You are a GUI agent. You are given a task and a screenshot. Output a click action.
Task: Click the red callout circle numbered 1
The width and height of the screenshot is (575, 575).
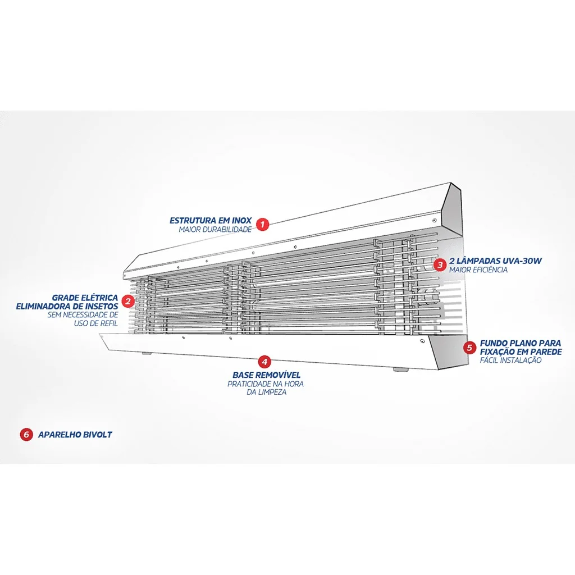click(262, 225)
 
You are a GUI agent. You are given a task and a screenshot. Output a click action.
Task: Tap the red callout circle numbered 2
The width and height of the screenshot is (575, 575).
click(128, 301)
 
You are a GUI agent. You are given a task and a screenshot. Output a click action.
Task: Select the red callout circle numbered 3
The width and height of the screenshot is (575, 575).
click(440, 264)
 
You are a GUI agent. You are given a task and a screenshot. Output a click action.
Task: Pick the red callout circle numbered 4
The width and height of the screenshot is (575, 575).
click(264, 362)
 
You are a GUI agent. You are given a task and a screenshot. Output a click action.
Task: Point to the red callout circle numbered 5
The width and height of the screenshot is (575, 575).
click(470, 347)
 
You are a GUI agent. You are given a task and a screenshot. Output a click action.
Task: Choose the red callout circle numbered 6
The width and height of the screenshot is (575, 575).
click(26, 435)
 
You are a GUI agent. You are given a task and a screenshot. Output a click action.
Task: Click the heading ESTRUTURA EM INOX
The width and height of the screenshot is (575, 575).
click(211, 220)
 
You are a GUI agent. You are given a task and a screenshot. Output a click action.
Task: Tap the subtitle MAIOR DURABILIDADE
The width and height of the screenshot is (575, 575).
click(215, 230)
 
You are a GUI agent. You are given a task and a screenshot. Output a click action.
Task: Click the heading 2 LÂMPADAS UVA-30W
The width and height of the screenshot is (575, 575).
click(495, 261)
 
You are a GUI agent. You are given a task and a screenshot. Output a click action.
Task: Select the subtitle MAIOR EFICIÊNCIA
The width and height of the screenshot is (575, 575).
click(478, 270)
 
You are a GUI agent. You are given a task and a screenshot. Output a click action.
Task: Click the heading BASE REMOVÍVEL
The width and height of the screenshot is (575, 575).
click(267, 375)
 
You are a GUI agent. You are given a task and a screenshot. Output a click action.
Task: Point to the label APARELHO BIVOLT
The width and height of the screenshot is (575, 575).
click(75, 435)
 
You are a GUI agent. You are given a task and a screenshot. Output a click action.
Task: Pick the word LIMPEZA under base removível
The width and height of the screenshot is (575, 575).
click(272, 392)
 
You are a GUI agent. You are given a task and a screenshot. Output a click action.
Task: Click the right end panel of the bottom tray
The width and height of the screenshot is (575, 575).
click(448, 353)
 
